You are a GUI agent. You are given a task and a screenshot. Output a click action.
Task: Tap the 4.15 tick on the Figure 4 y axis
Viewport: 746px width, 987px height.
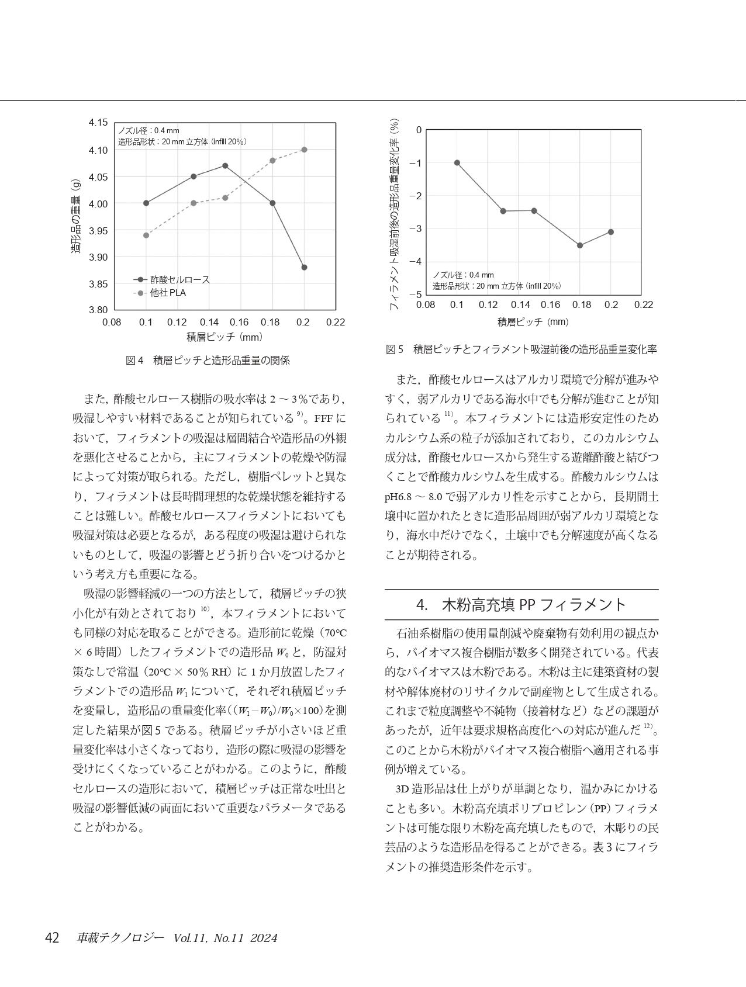click(x=98, y=123)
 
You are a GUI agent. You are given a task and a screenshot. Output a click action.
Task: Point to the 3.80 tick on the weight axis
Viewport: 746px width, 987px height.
click(x=98, y=310)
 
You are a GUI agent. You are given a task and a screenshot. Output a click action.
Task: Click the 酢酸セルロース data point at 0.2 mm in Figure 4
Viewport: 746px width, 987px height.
click(x=304, y=268)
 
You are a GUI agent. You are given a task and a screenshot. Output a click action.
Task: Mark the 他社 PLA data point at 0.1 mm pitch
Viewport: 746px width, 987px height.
click(x=146, y=236)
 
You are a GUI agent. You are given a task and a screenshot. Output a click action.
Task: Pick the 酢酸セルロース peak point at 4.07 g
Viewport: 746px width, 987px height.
click(x=225, y=166)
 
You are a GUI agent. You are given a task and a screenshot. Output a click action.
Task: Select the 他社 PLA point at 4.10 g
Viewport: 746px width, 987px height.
click(x=304, y=150)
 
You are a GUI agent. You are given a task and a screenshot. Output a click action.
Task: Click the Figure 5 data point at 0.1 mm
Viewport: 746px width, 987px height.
click(x=457, y=163)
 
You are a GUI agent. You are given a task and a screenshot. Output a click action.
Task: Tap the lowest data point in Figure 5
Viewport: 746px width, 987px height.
click(x=580, y=245)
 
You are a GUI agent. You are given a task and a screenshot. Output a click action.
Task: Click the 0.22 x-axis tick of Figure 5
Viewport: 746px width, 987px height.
click(x=643, y=304)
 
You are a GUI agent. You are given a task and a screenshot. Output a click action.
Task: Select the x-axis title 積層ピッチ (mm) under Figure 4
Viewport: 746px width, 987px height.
click(x=225, y=337)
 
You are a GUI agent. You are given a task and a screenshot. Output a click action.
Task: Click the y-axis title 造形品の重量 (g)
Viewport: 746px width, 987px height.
click(x=76, y=216)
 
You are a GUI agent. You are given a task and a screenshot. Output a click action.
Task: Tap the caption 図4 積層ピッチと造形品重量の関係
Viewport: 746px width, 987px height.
click(x=208, y=361)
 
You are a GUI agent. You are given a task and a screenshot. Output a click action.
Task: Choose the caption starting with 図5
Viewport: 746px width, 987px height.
click(x=521, y=349)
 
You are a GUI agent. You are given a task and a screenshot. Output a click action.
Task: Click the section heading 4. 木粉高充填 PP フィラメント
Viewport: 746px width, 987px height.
click(x=521, y=604)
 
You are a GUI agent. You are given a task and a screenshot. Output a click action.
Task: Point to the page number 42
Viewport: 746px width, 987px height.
click(x=52, y=938)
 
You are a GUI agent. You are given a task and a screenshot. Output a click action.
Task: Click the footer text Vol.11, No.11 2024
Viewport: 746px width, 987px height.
click(x=225, y=938)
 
